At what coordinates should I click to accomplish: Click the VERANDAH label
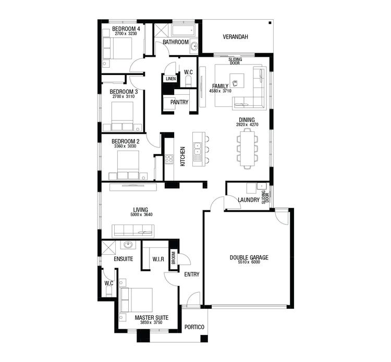click(235, 37)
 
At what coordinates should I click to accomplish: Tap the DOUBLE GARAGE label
click(249, 257)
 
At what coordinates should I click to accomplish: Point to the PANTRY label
click(179, 102)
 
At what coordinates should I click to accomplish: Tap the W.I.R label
click(158, 259)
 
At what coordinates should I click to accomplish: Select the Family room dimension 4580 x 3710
click(219, 91)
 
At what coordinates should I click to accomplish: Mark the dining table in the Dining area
click(247, 148)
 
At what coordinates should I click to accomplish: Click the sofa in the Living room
click(133, 230)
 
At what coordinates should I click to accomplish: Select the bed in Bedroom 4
click(119, 48)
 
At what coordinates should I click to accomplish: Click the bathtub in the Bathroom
click(182, 29)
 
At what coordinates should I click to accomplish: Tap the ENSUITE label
click(124, 259)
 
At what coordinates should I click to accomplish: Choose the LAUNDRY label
click(248, 200)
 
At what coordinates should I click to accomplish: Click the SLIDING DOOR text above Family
click(235, 62)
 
